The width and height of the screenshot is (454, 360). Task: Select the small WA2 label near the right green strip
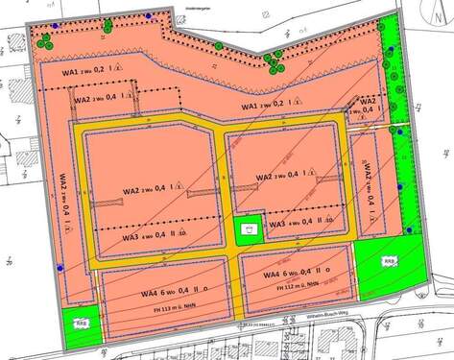[369, 102]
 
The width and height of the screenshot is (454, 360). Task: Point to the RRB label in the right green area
[389, 261]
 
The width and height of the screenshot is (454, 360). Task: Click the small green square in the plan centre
[250, 231]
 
